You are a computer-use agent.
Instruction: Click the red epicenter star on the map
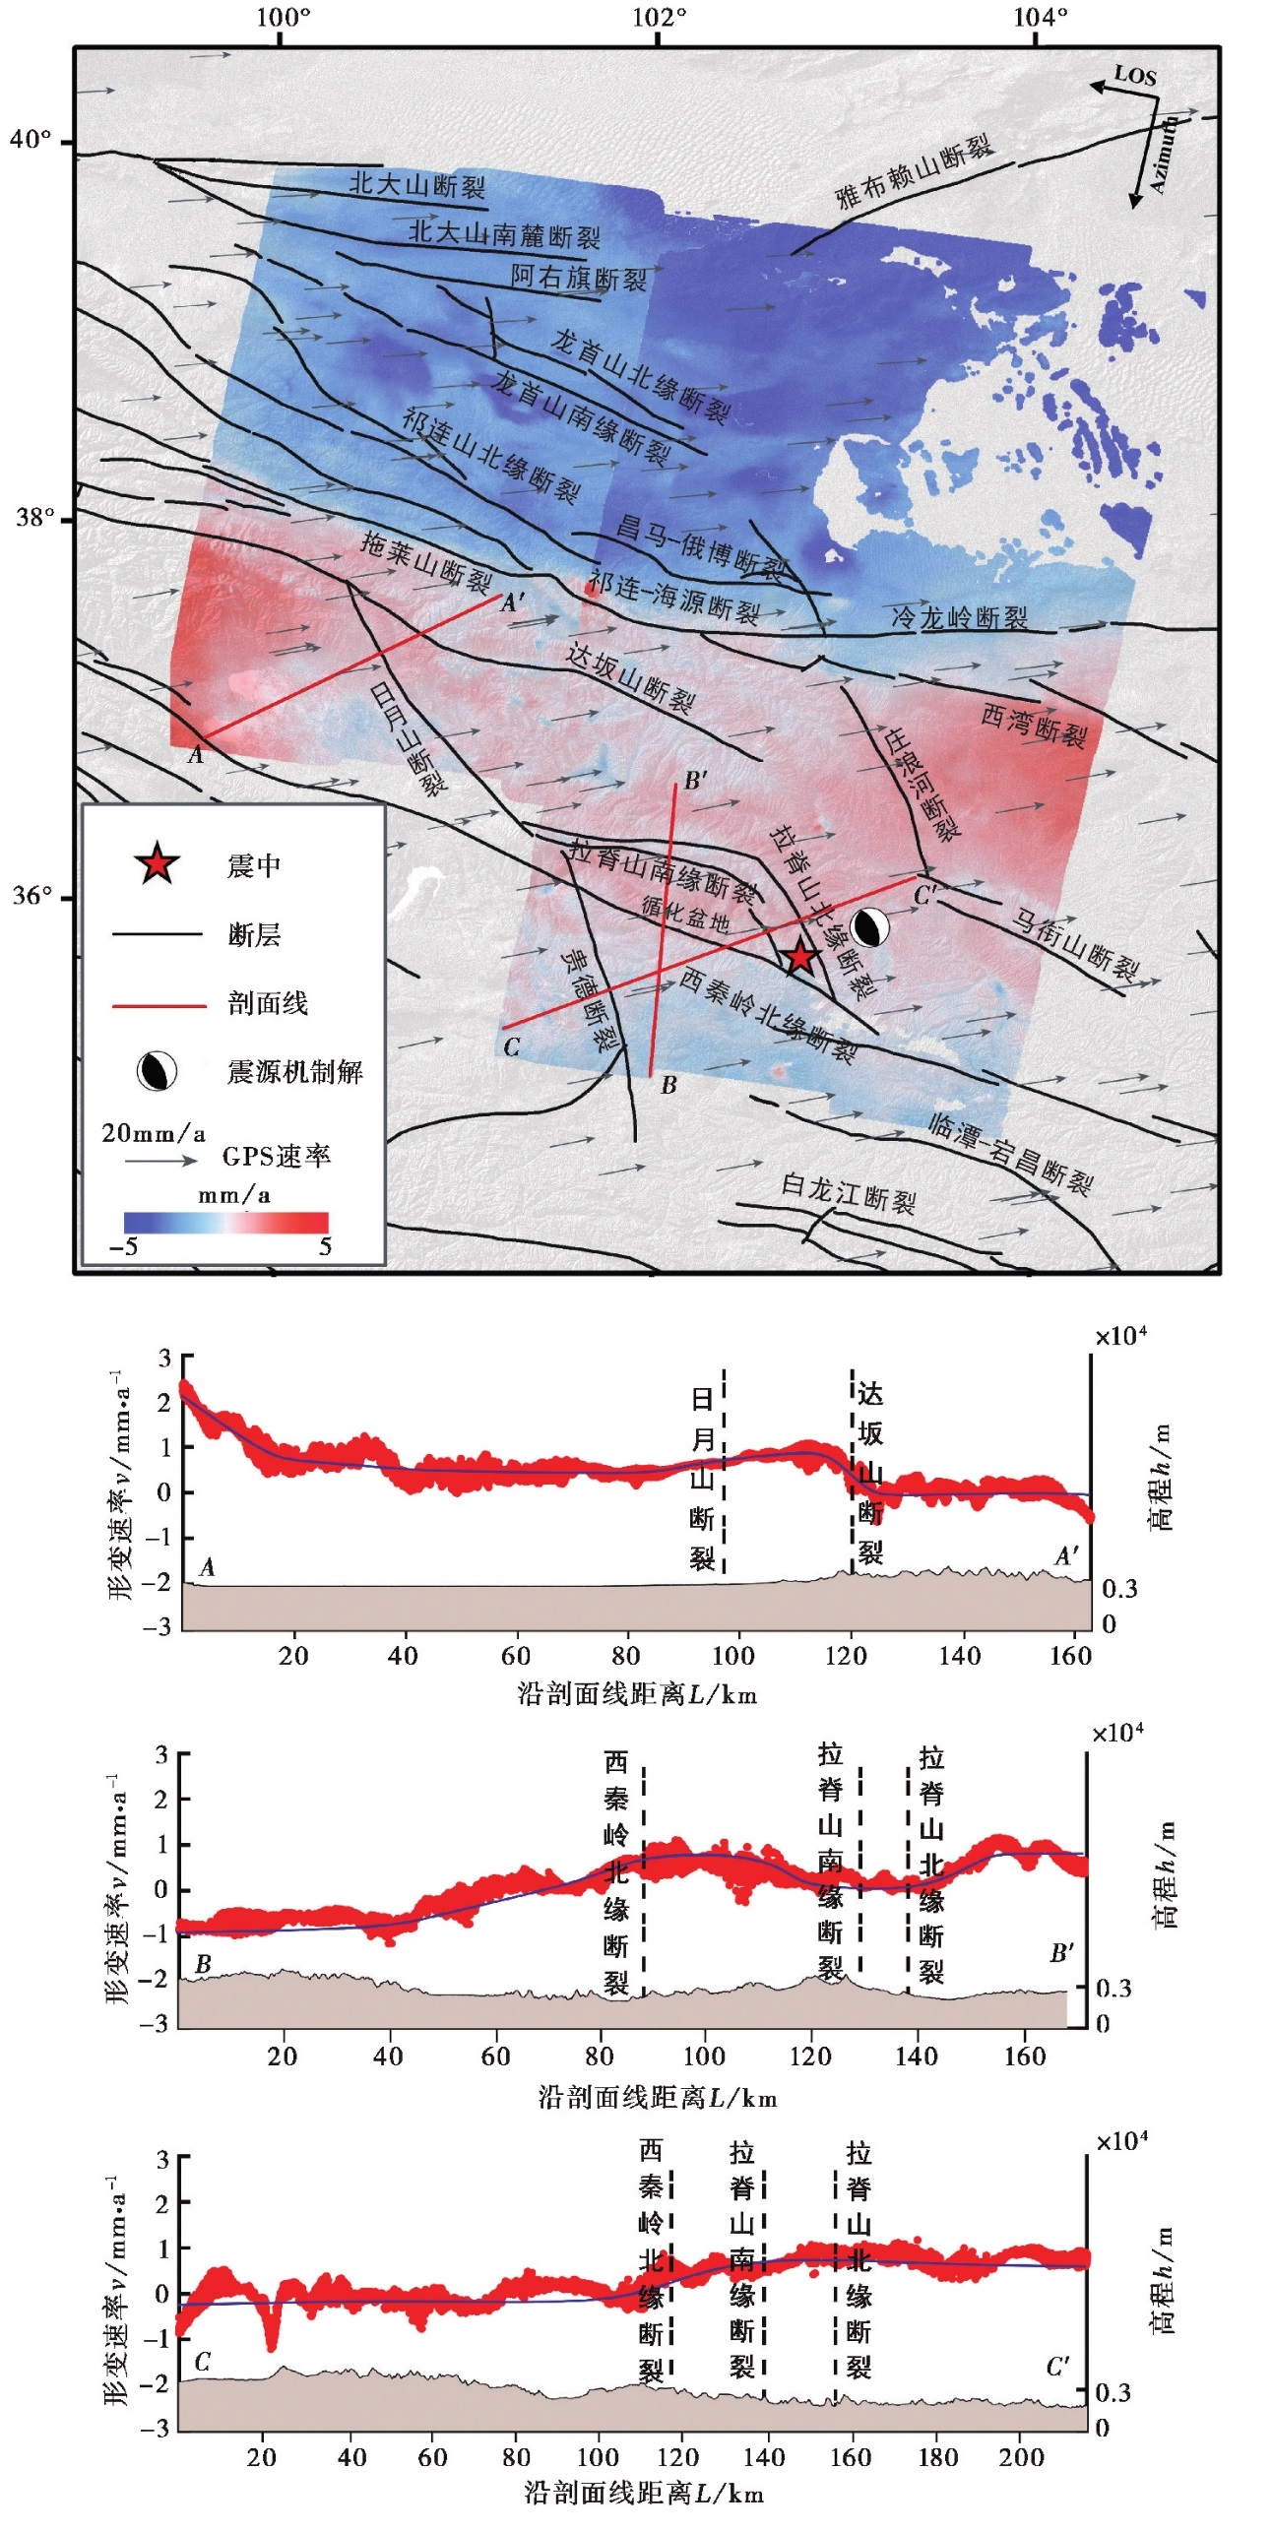click(x=799, y=956)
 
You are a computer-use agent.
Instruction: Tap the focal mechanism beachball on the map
click(x=869, y=927)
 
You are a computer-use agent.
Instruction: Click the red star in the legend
click(x=157, y=864)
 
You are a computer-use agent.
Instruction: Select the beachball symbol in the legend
click(x=157, y=1071)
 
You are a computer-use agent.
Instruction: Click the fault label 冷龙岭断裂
click(x=959, y=617)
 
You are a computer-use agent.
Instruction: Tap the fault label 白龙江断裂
click(x=848, y=1193)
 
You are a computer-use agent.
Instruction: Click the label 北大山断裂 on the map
click(x=416, y=184)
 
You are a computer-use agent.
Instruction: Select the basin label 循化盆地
click(x=685, y=915)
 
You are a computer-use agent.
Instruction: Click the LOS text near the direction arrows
click(x=1134, y=75)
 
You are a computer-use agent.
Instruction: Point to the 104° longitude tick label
click(x=1038, y=17)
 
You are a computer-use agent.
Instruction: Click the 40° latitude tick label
click(x=30, y=140)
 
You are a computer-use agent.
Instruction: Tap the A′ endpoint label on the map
click(x=512, y=602)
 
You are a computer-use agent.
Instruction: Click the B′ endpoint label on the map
click(x=695, y=781)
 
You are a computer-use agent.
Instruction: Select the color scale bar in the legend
click(x=225, y=1222)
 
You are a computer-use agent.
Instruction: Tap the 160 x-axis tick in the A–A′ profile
click(x=1070, y=1655)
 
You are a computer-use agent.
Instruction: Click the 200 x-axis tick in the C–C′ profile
click(x=1021, y=2456)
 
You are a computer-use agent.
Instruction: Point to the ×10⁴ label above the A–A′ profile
click(x=1120, y=1336)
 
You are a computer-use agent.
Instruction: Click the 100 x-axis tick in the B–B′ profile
click(x=704, y=2056)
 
